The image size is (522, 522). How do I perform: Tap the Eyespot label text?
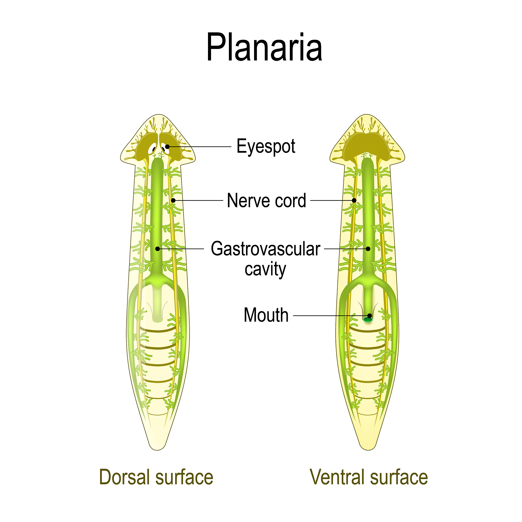click(266, 147)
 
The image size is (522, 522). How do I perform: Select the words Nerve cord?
click(266, 201)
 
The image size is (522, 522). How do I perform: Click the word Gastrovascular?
click(266, 249)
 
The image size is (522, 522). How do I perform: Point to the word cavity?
click(265, 269)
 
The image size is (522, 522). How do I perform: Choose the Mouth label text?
click(266, 315)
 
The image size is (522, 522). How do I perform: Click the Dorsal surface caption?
click(156, 477)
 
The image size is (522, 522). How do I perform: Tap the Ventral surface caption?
click(369, 477)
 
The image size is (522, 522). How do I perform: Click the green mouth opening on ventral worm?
click(368, 320)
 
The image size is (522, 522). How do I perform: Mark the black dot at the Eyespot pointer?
click(167, 147)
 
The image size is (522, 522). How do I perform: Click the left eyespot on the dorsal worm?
click(153, 149)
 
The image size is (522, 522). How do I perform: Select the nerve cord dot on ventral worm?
click(354, 201)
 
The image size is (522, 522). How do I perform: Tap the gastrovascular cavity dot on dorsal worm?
click(158, 249)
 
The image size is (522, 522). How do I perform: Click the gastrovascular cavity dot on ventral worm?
click(368, 249)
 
